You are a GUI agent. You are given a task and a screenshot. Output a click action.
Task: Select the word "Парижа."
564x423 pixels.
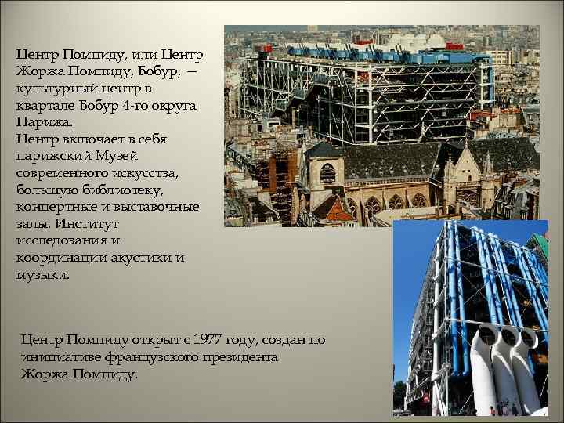click(43, 123)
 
